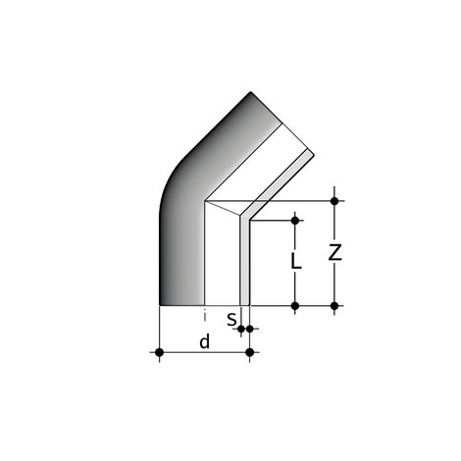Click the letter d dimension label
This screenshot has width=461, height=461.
pos(204,341)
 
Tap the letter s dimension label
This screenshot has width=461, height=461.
pos(230,319)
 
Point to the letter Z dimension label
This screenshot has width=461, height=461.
pos(335,252)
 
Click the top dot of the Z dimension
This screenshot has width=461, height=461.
pos(335,201)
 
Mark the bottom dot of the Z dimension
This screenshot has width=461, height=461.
pos(335,306)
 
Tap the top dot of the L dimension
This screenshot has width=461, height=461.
pos(295,221)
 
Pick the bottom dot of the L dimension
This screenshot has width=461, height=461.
pos(295,306)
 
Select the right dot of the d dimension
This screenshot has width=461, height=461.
pos(250,351)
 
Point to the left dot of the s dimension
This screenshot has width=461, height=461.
pos(241,330)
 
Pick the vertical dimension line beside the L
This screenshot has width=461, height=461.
pos(295,284)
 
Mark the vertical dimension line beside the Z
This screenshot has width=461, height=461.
pos(335,280)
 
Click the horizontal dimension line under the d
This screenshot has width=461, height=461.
pos(181,351)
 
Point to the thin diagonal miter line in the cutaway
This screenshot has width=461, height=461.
pos(224,208)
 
